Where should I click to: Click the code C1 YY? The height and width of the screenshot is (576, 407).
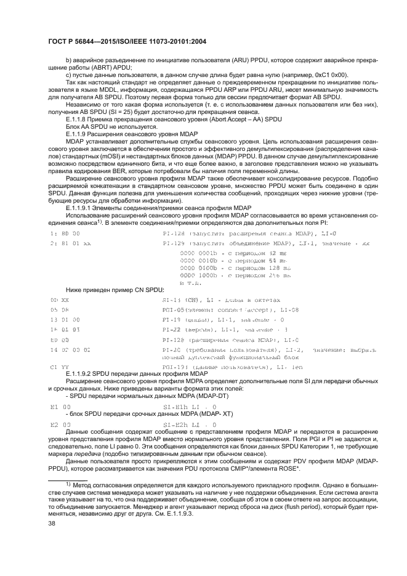tap(60, 367)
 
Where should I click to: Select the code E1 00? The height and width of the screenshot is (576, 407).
tap(60, 407)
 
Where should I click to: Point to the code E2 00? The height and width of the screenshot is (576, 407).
tap(60, 425)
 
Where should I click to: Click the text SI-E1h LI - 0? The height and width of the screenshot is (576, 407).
tap(190, 407)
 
